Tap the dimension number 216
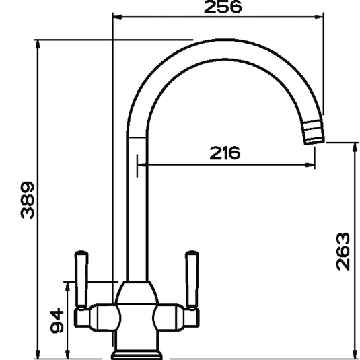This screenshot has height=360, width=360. click(225, 153)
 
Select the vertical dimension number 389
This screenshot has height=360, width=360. click(25, 200)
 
